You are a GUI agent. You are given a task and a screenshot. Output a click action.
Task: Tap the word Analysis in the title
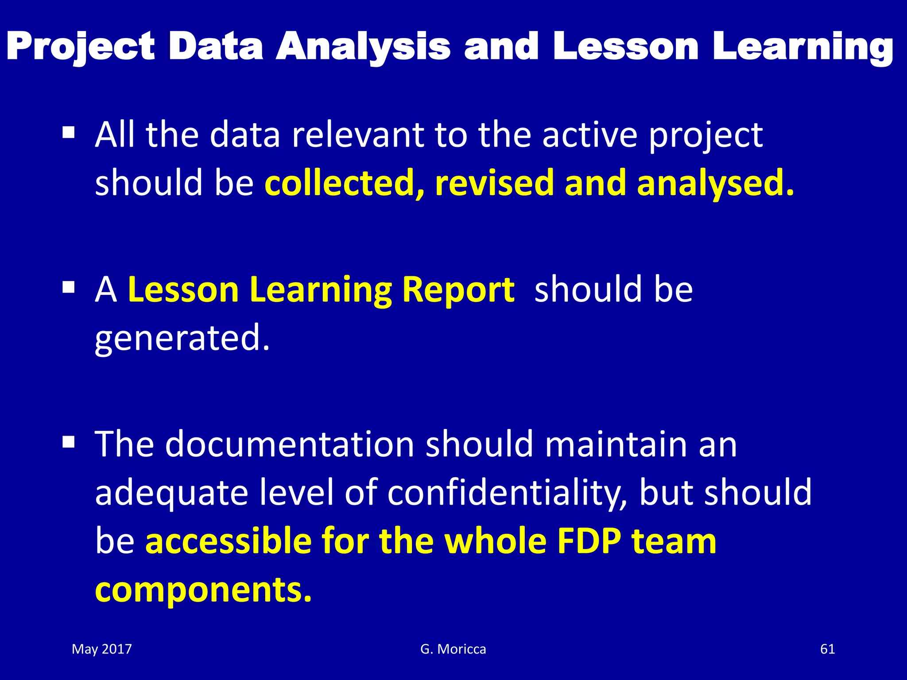tap(363, 47)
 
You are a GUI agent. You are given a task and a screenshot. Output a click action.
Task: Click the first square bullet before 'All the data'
tap(68, 132)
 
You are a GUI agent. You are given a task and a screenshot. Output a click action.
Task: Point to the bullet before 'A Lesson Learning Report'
tap(68, 288)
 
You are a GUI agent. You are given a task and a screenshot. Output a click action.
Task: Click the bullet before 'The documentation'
tap(68, 442)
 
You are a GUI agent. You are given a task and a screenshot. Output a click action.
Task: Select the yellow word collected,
tap(344, 183)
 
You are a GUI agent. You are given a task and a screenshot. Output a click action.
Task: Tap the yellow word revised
tap(494, 183)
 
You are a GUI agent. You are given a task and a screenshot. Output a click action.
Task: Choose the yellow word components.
tap(203, 590)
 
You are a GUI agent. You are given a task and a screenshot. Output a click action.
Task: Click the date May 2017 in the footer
tap(102, 649)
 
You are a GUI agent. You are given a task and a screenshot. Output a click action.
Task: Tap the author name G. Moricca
tap(453, 649)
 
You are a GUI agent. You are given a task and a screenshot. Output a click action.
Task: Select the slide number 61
tap(827, 649)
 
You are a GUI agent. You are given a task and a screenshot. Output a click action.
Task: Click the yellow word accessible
tap(229, 541)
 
